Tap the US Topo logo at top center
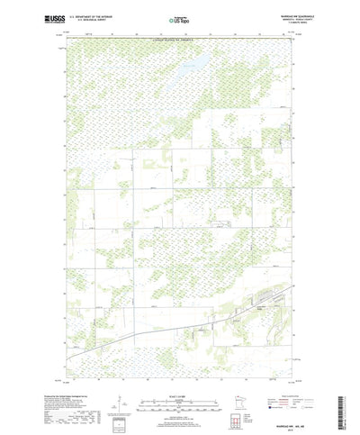[x=179, y=18]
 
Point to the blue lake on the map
[x=190, y=66]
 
